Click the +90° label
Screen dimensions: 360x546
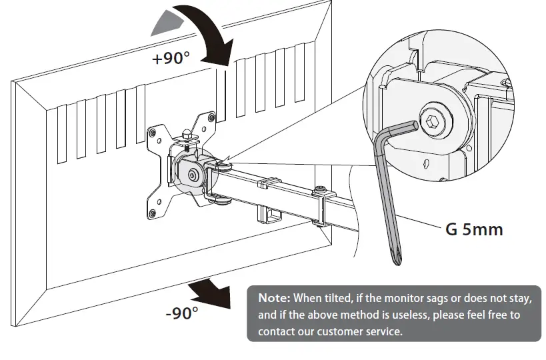click(x=171, y=59)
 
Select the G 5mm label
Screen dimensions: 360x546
click(x=473, y=230)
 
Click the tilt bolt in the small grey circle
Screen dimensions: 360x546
click(x=192, y=174)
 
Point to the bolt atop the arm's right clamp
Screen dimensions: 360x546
click(x=323, y=189)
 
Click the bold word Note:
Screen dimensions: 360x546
click(x=274, y=297)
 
